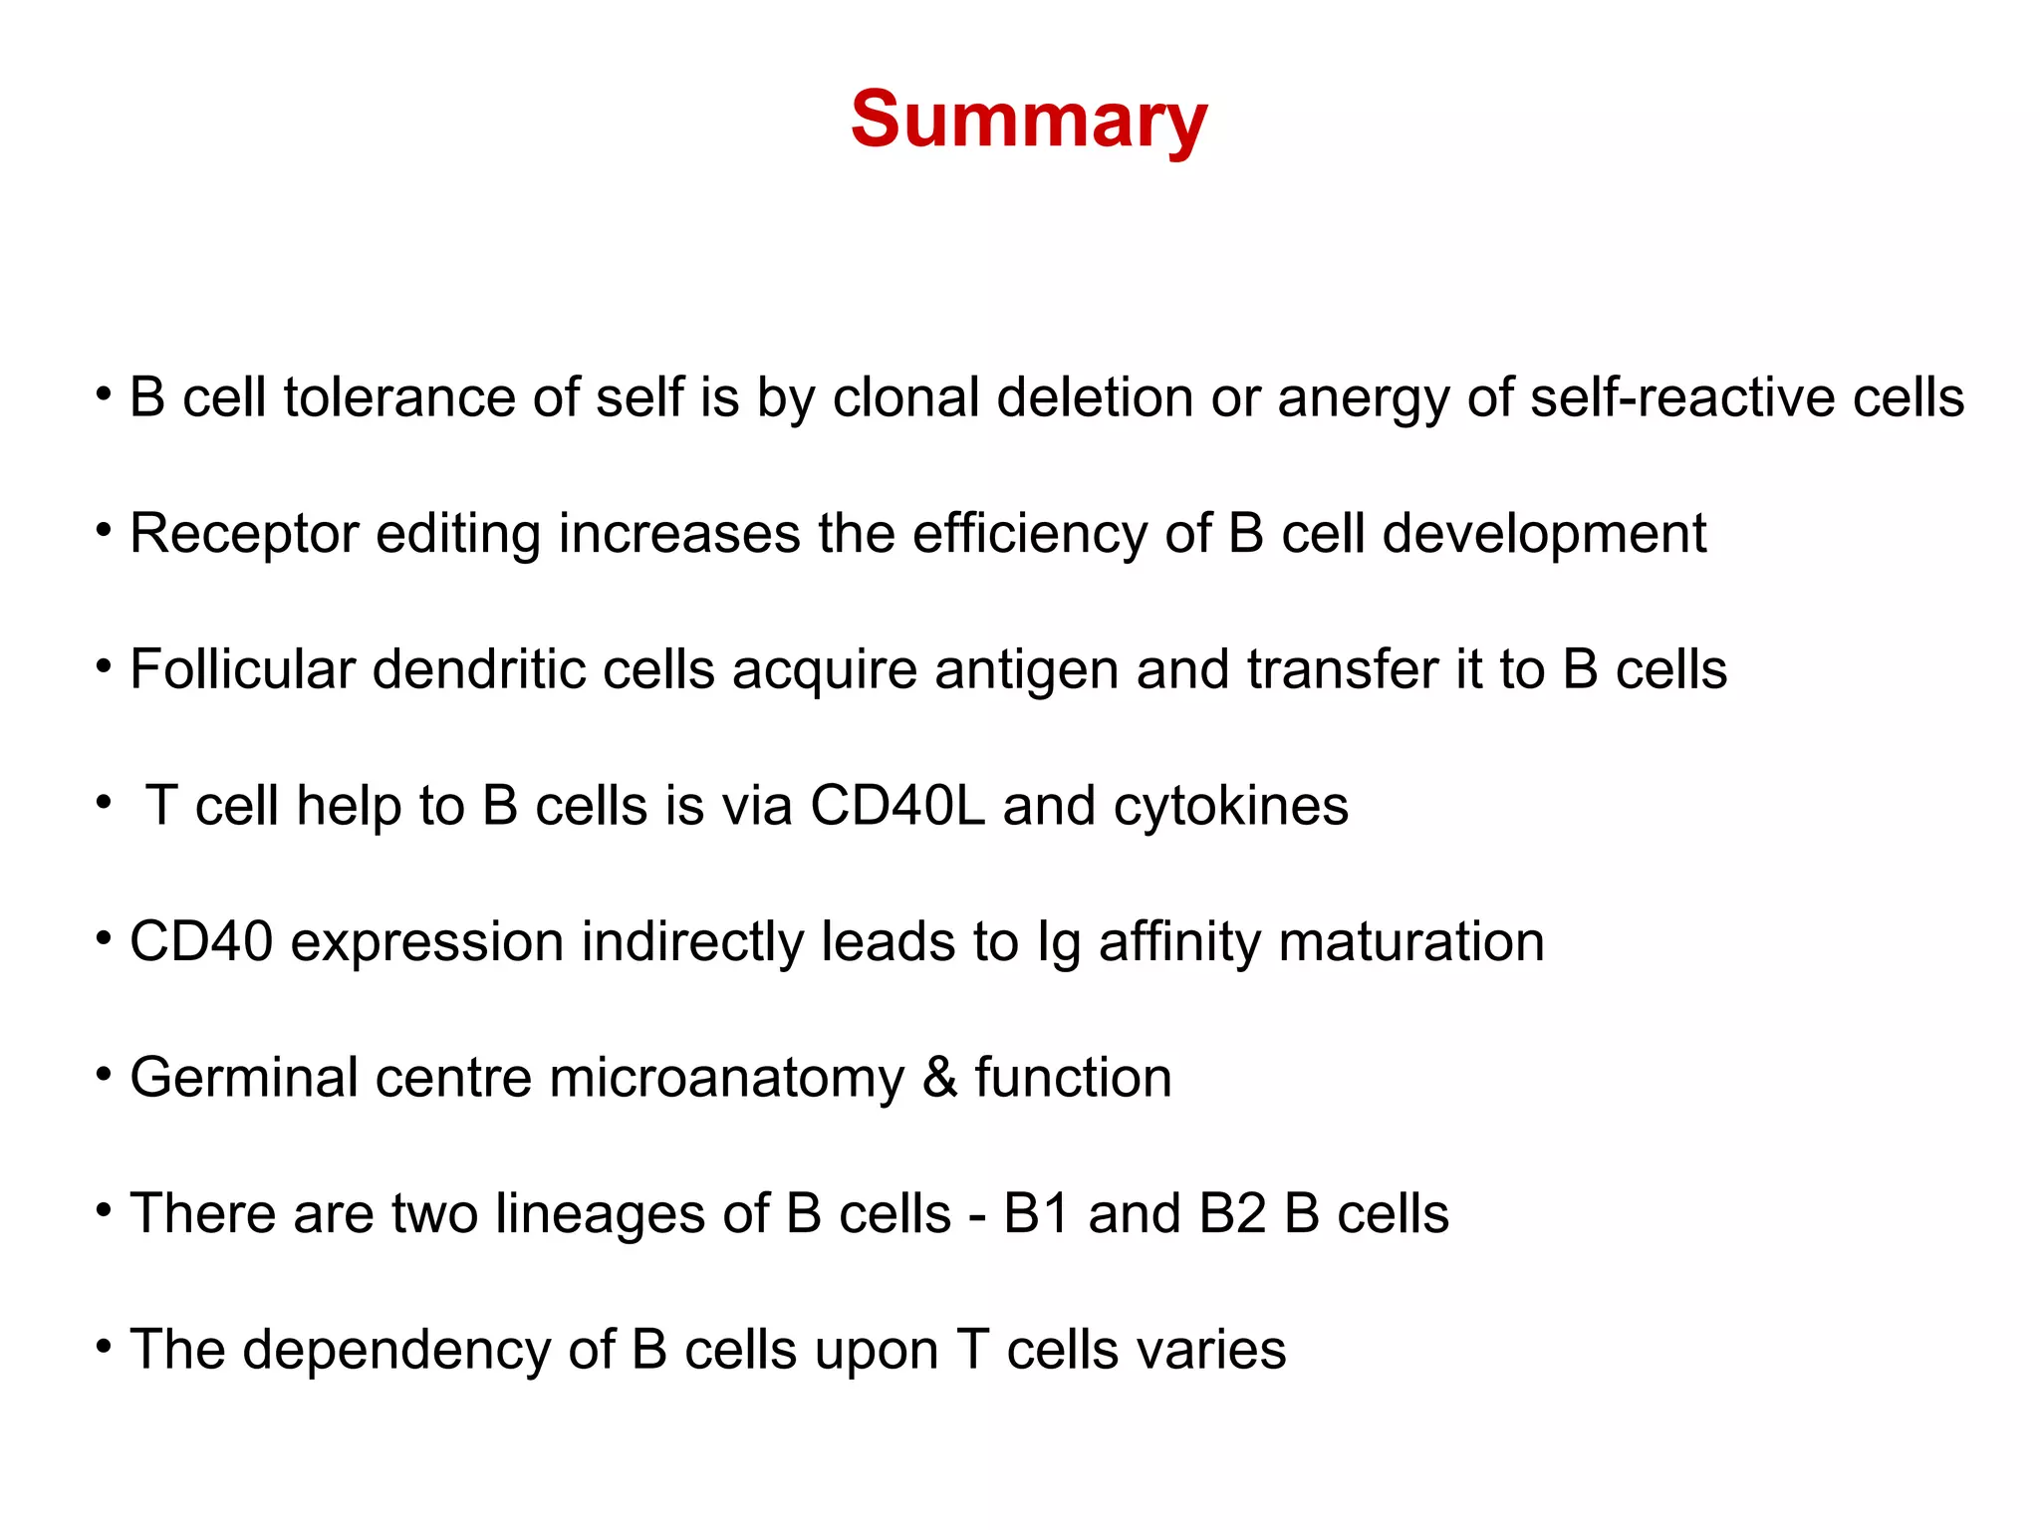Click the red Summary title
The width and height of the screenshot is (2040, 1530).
coord(1029,120)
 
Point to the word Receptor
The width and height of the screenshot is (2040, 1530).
coord(244,535)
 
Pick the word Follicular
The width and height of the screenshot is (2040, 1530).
coord(242,669)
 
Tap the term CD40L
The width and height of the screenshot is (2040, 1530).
coord(897,805)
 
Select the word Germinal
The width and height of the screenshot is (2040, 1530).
coord(244,1079)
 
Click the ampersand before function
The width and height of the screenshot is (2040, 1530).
coord(939,1078)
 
